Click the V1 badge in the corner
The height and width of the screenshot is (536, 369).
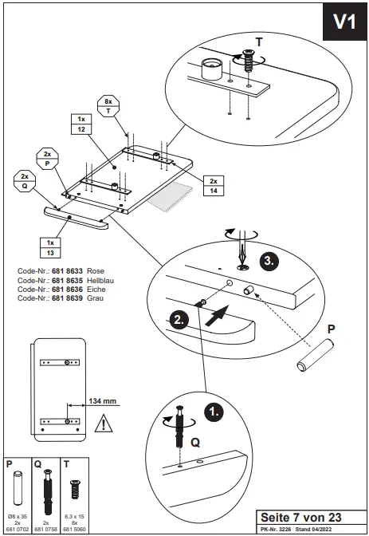(343, 22)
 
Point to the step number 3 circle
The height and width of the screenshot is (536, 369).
(269, 260)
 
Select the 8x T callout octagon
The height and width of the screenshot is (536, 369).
(108, 107)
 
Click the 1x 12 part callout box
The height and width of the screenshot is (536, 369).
(80, 124)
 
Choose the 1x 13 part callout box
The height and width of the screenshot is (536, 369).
(51, 246)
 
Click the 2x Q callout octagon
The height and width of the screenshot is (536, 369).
(24, 180)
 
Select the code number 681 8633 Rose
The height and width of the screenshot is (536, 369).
(61, 271)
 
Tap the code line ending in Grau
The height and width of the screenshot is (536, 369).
(61, 298)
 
